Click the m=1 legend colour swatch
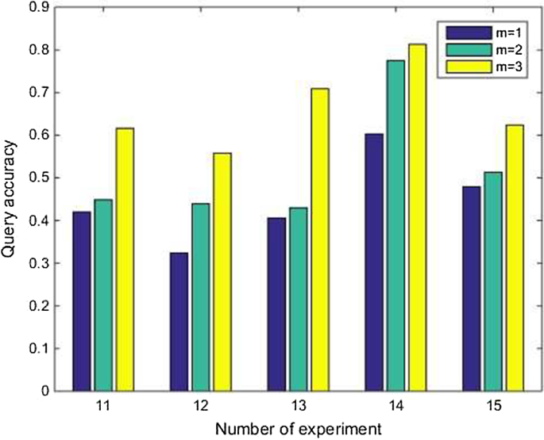click(x=461, y=32)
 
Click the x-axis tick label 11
click(x=102, y=405)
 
